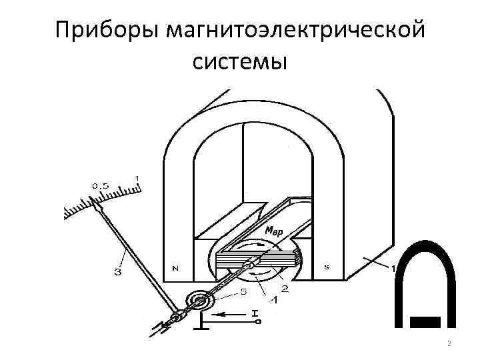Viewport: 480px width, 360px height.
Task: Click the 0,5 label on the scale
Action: tap(101, 185)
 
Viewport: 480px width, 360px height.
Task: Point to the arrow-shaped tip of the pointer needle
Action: tap(99, 209)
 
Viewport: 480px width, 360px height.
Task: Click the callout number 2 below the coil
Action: tap(285, 288)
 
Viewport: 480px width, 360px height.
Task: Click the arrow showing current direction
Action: tap(233, 312)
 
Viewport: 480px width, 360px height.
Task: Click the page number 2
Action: tap(449, 344)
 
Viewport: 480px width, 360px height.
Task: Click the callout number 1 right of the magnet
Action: tap(393, 267)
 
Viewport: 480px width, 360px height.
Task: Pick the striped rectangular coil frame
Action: tap(257, 258)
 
